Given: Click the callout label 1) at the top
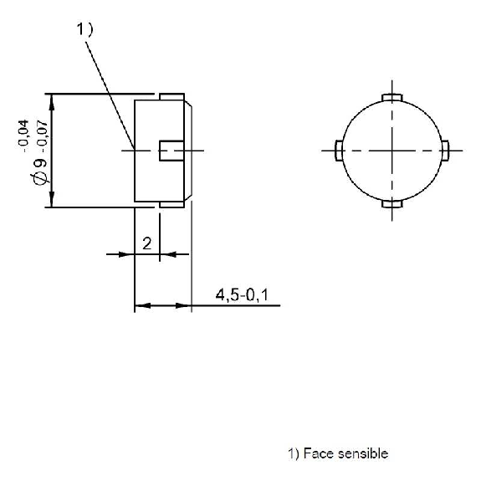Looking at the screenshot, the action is point(84,30).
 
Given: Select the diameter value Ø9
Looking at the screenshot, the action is point(40,171).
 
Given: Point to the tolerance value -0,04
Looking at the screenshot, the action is point(24,136).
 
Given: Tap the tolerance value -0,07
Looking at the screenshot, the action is point(43,136).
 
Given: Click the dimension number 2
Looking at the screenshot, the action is point(147,243).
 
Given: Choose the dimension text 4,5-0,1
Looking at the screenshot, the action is point(242,295).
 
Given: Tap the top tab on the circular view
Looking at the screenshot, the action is point(392,98).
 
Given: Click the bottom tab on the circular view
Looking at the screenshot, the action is point(392,203).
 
